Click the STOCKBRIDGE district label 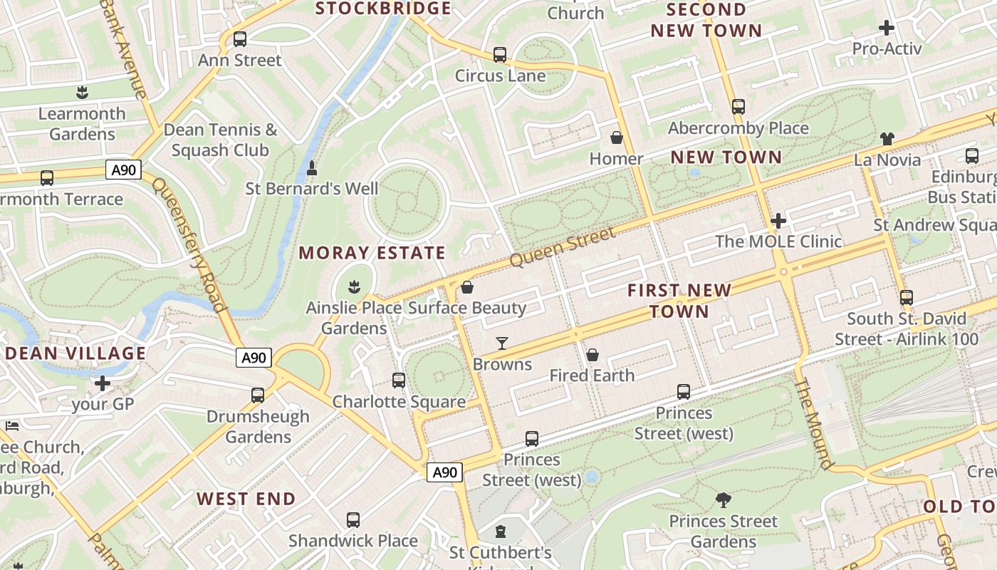point(383,9)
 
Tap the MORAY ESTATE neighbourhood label point(372,253)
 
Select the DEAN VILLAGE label point(75,353)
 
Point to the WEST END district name point(246,499)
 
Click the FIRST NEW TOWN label point(679,301)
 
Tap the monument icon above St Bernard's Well point(311,169)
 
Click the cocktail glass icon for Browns point(502,343)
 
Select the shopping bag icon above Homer point(617,138)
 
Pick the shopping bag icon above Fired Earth point(592,355)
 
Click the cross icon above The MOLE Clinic point(778,221)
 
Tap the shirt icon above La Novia point(887,138)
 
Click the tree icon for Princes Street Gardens point(723,500)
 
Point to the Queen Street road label point(563,248)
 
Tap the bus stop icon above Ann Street point(240,39)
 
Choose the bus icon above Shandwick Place point(353,520)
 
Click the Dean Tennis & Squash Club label point(220,140)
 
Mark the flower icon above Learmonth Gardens point(82,93)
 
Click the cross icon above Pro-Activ point(887,28)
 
